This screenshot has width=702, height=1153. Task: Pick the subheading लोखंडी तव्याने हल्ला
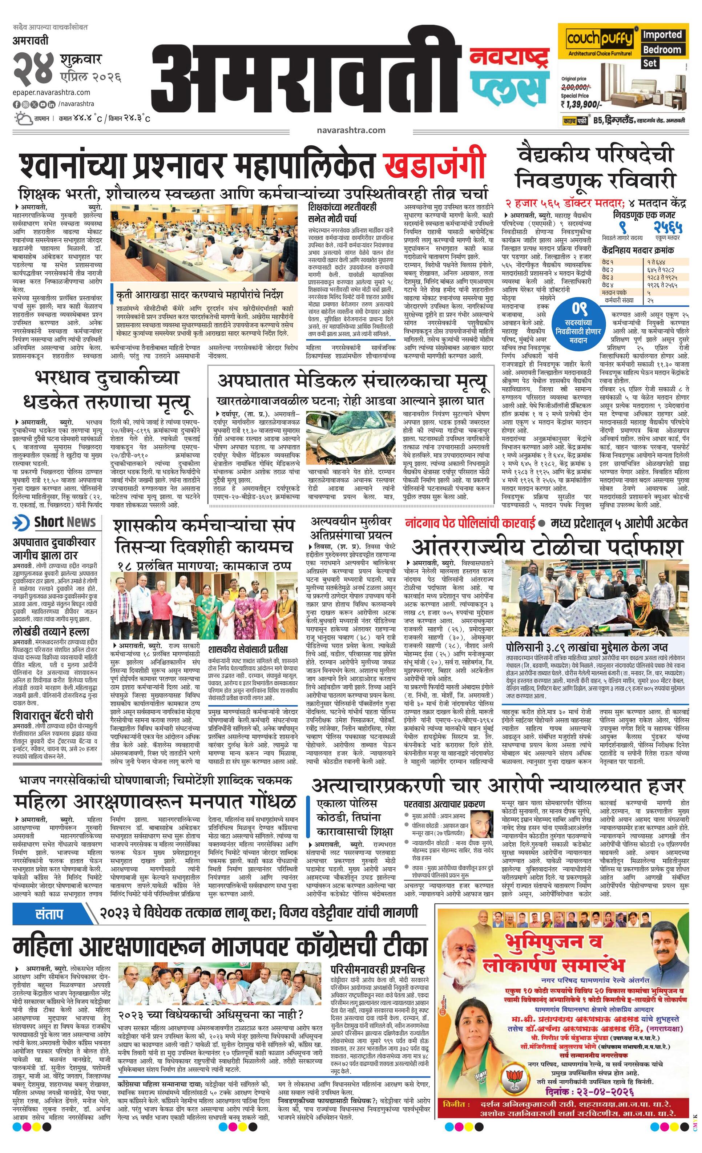52,632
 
